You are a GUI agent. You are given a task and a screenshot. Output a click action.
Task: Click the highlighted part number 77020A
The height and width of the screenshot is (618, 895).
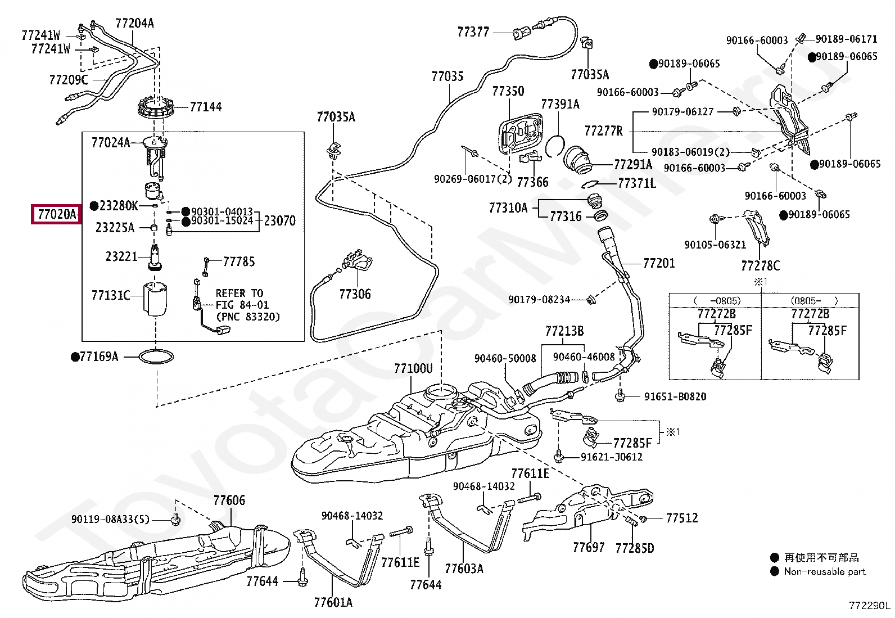click(56, 214)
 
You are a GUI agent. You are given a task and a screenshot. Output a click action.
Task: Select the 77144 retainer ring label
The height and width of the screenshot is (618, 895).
click(205, 107)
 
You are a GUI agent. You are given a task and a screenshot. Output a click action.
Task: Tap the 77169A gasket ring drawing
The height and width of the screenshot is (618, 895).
click(156, 357)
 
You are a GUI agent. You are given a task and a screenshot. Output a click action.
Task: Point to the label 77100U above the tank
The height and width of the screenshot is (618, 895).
click(413, 369)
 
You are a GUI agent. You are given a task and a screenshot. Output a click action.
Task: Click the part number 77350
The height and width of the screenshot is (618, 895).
click(508, 91)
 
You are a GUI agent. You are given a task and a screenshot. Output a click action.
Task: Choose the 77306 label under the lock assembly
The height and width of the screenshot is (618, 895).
click(355, 294)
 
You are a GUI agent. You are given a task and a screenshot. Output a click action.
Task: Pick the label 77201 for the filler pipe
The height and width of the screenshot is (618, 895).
click(659, 263)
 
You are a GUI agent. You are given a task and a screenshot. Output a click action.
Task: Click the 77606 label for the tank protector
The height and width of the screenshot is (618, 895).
click(229, 500)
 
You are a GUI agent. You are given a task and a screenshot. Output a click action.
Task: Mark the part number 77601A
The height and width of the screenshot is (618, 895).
click(333, 602)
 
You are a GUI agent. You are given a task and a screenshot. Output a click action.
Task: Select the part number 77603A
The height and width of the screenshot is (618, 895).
click(464, 569)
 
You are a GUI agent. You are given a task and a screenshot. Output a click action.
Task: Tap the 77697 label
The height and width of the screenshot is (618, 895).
click(589, 547)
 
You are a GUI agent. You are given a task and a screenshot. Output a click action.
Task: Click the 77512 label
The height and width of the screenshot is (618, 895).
click(682, 518)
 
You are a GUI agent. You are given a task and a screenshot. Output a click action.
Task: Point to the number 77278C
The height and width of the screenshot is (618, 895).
click(760, 265)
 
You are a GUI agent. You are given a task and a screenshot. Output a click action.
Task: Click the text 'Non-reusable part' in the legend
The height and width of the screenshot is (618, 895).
click(825, 571)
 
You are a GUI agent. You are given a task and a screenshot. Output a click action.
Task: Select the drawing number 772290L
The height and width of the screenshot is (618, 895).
click(869, 606)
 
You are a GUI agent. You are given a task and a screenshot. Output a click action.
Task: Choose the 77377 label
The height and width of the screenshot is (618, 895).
click(473, 32)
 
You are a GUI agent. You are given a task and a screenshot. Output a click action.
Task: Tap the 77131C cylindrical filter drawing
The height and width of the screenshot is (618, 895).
click(155, 299)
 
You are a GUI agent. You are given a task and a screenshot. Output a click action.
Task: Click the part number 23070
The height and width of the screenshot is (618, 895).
click(279, 221)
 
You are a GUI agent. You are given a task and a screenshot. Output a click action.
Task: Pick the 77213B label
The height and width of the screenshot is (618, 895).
click(564, 331)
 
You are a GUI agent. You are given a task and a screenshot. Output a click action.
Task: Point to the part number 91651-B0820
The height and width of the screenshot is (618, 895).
click(675, 396)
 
